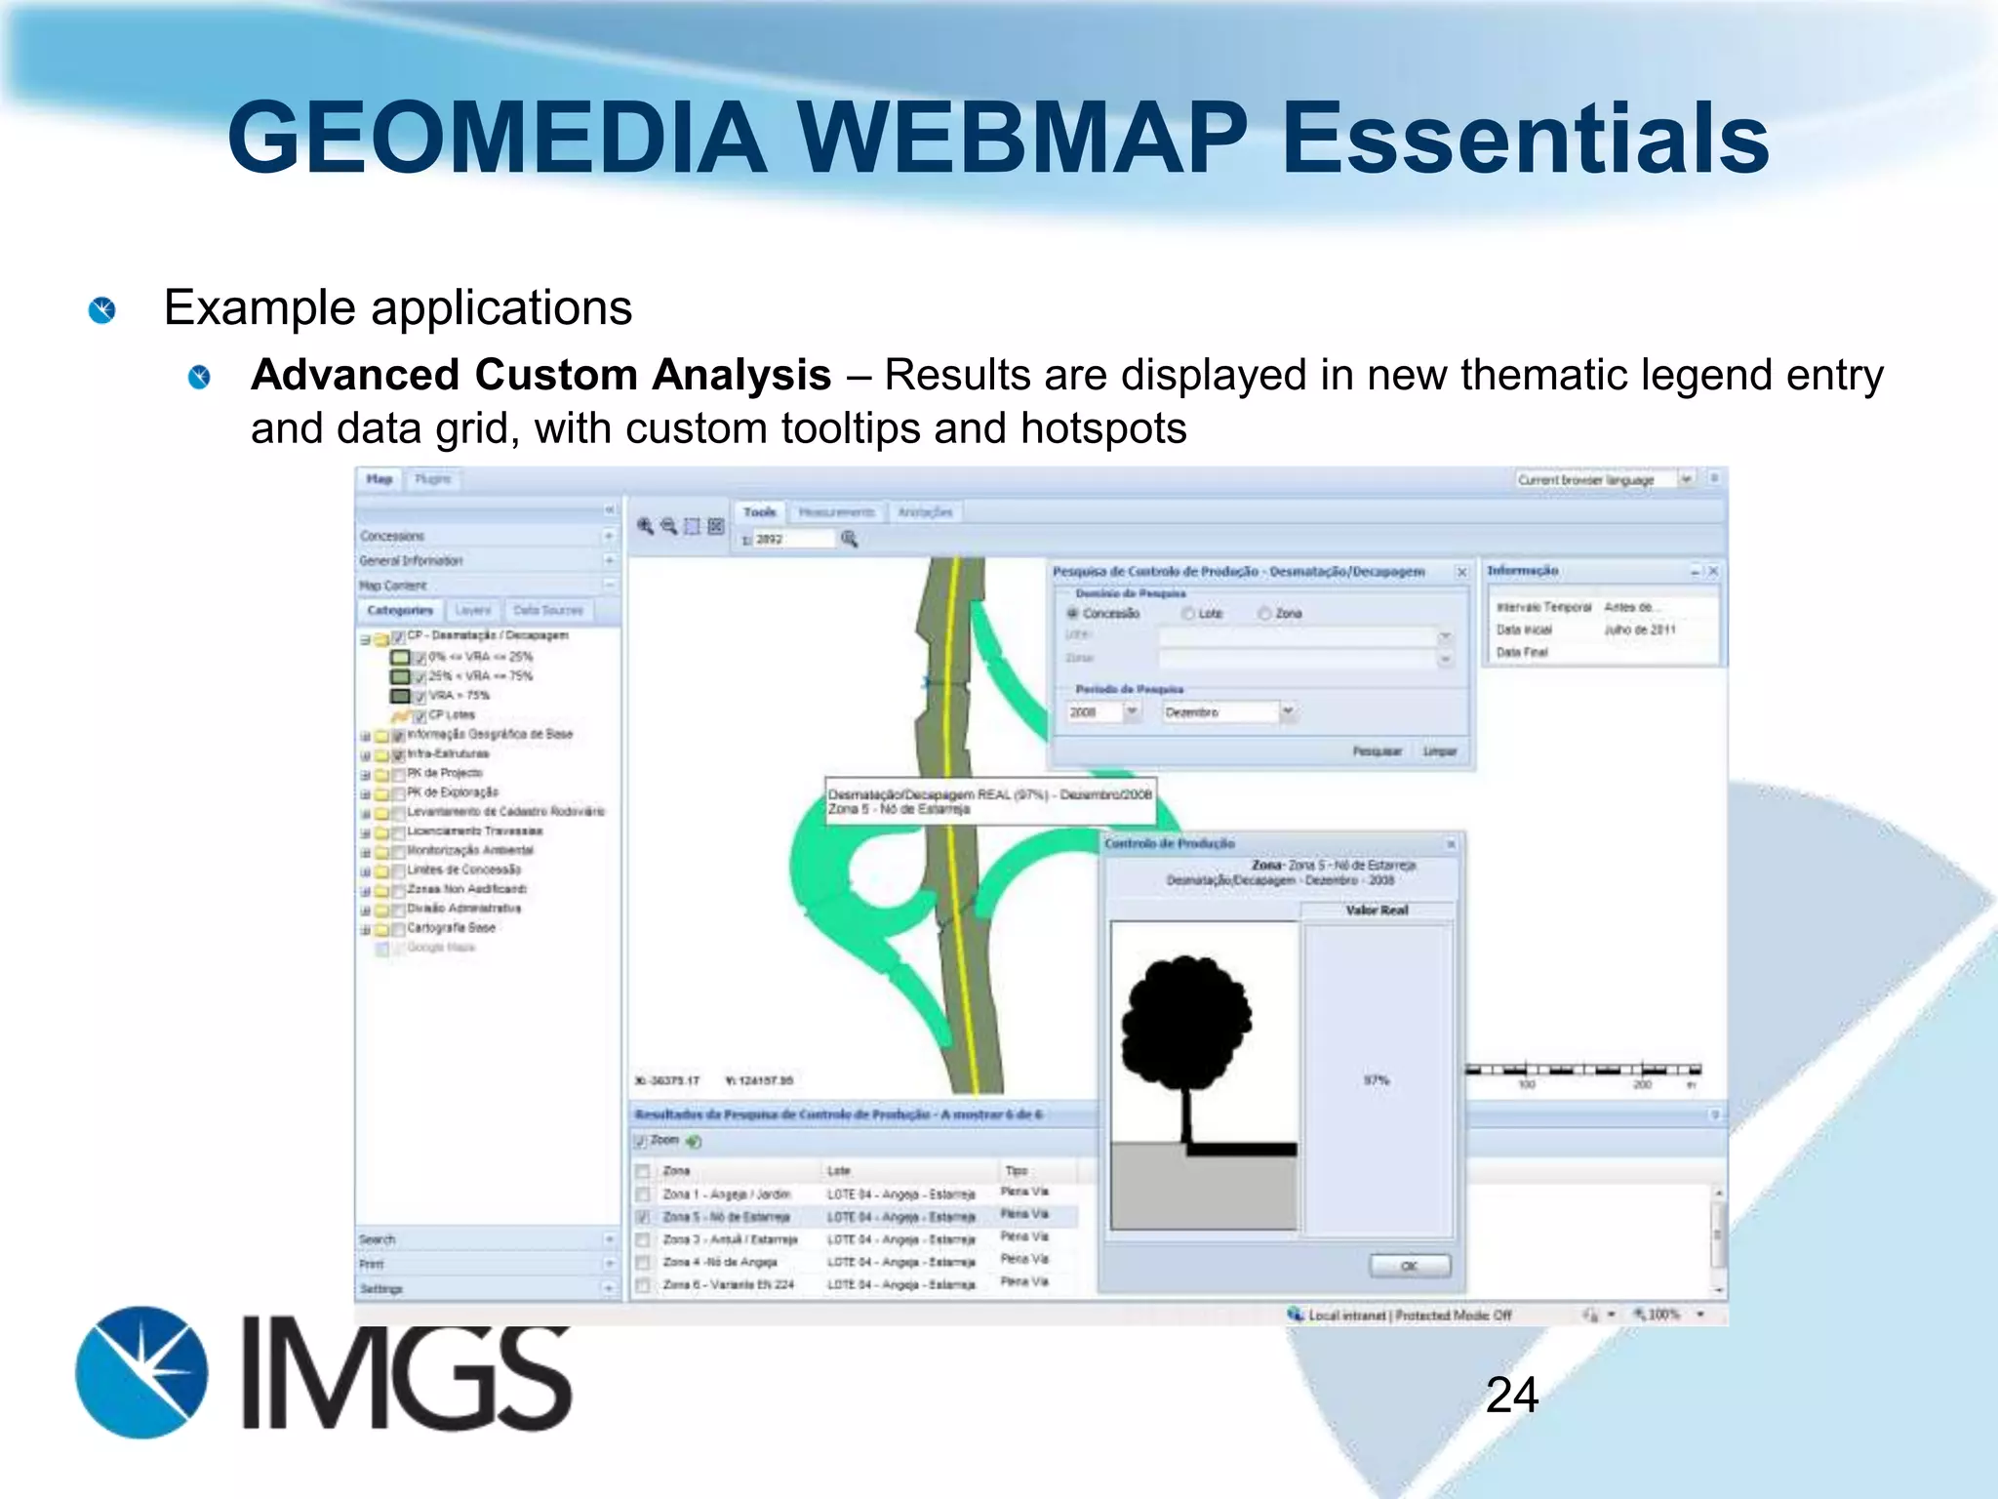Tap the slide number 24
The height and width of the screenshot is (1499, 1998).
[1511, 1395]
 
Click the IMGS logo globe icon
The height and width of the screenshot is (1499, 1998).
[141, 1372]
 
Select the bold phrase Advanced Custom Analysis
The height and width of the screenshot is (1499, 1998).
[540, 375]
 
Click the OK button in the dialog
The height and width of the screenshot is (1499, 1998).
[1409, 1266]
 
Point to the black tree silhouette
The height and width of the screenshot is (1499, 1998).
[1186, 1034]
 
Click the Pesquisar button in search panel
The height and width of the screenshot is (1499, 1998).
[1376, 750]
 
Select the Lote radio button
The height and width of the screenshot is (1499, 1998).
[1188, 614]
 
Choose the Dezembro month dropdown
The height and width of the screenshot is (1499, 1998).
[1227, 712]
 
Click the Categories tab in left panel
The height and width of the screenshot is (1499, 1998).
[400, 610]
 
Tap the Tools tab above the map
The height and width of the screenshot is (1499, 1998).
[759, 511]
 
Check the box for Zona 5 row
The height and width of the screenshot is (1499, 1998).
[643, 1217]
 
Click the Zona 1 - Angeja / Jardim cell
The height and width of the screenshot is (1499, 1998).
[726, 1194]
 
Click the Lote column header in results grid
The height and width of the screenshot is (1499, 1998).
[839, 1170]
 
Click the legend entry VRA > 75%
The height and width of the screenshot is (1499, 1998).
[459, 696]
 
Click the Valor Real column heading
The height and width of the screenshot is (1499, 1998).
[1377, 910]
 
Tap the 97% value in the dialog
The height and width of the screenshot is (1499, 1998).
[1376, 1080]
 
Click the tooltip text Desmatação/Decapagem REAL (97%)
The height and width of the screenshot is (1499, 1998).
[989, 794]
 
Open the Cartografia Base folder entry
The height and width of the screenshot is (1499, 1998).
[451, 928]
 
